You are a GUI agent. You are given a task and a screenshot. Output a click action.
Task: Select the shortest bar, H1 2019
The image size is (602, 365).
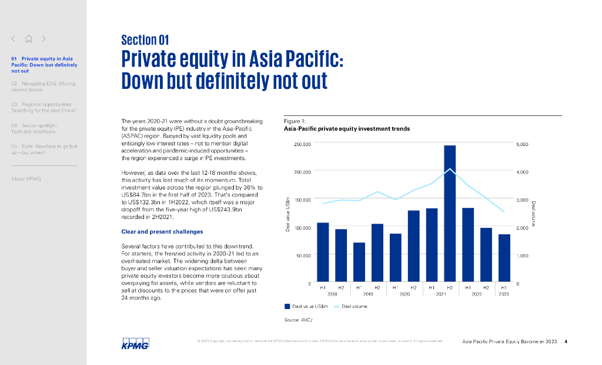click(359, 263)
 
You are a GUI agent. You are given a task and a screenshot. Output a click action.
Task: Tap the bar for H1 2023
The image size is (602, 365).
click(504, 258)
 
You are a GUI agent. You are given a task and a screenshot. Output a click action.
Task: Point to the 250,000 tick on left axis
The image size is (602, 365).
click(302, 144)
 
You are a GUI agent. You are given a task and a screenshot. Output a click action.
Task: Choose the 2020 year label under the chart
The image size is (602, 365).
click(404, 294)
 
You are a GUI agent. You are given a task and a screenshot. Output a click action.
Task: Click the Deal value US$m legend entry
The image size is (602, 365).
click(306, 306)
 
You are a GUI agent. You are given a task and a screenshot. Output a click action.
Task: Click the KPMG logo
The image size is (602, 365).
click(135, 343)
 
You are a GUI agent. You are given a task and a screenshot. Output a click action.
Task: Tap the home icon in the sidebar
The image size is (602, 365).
click(28, 39)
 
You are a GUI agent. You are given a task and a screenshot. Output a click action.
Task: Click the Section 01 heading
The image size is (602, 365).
click(145, 40)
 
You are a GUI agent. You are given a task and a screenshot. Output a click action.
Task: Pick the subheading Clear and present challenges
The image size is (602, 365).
click(162, 231)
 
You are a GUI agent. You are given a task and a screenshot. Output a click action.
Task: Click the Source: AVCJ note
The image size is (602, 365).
click(297, 319)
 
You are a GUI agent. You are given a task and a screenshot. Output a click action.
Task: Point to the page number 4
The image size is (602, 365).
click(565, 341)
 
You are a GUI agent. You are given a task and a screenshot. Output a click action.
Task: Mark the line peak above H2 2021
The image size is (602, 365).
click(450, 169)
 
